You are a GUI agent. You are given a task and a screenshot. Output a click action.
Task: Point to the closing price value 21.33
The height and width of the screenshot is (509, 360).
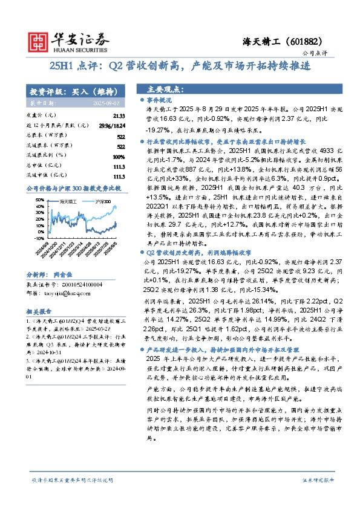(119, 115)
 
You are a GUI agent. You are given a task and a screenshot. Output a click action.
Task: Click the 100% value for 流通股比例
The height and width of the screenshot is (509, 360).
(119, 157)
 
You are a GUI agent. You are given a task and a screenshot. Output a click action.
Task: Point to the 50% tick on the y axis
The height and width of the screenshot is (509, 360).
(39, 198)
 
